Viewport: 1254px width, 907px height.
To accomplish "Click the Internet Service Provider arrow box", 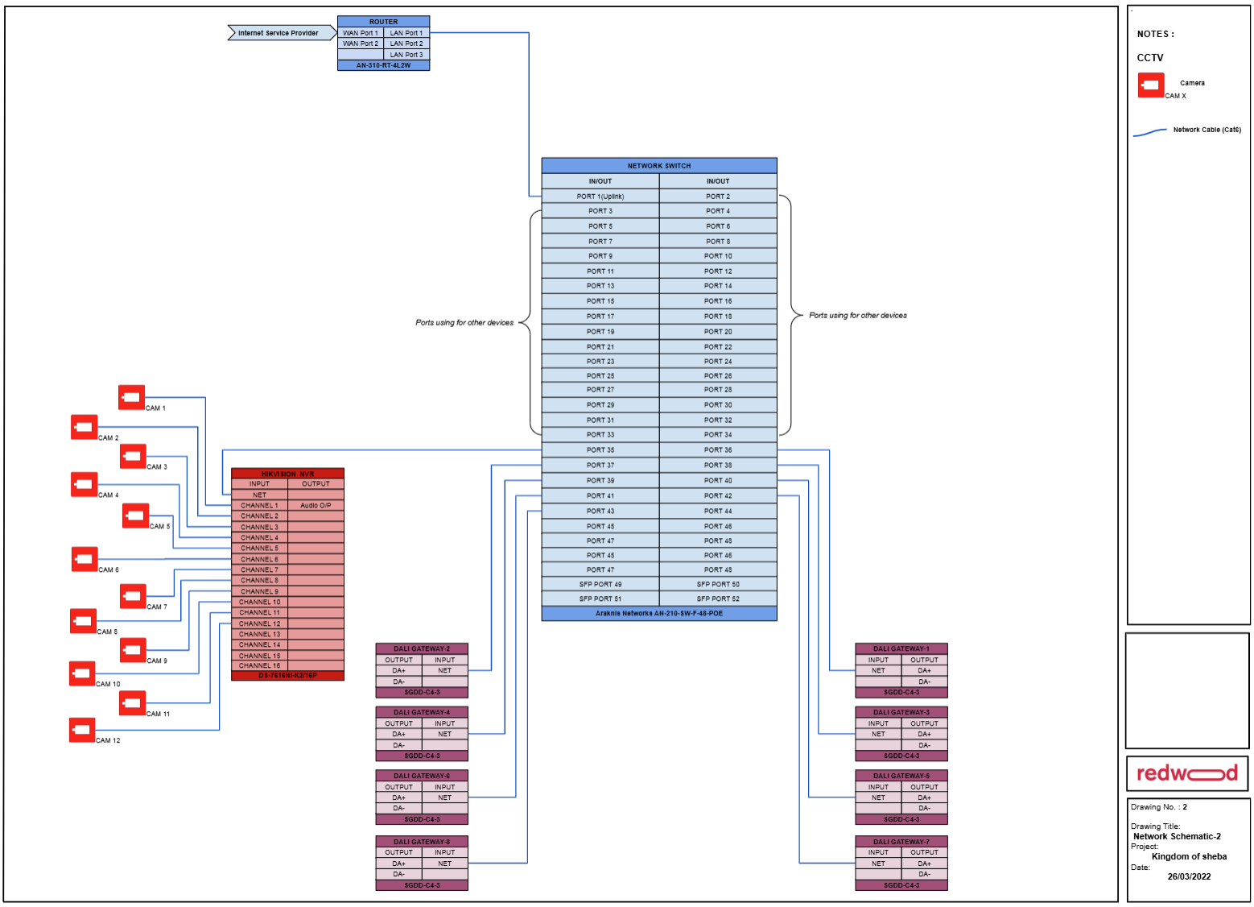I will click(x=278, y=33).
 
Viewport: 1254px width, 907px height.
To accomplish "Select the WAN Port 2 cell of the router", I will click(x=360, y=43).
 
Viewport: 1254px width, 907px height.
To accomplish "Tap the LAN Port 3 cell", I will click(x=406, y=55).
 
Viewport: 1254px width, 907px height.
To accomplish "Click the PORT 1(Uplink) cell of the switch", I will click(x=600, y=197).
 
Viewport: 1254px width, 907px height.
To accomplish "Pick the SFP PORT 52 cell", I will click(x=718, y=598).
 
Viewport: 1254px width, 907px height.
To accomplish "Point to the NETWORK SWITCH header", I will click(x=659, y=166).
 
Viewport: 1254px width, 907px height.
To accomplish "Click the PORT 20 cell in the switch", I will click(x=718, y=332).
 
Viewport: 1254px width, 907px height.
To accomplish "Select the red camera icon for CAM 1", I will click(x=131, y=398).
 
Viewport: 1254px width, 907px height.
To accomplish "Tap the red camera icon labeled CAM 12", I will click(x=82, y=731).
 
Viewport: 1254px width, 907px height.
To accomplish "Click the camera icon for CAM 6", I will click(x=85, y=559).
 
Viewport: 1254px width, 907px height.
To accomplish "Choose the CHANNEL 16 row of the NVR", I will click(x=259, y=665).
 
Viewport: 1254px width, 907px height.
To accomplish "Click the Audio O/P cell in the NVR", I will click(x=316, y=506).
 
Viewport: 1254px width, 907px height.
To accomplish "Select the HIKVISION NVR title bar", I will click(x=287, y=474).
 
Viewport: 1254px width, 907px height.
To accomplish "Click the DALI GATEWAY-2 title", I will click(x=422, y=648).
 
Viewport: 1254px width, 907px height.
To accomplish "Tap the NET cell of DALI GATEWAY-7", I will click(x=878, y=864).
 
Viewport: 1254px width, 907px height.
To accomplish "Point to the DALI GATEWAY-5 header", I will click(x=901, y=776).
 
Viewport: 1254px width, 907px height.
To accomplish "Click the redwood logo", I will click(x=1187, y=774).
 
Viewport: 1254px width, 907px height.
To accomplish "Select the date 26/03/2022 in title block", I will click(x=1189, y=876).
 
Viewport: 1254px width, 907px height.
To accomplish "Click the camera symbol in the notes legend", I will click(x=1151, y=85).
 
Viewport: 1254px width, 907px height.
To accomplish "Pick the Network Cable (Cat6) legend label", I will click(x=1207, y=130).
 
